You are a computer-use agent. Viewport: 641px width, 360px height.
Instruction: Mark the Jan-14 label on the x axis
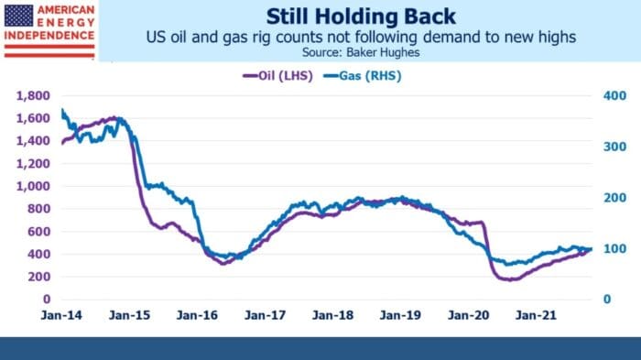coord(61,315)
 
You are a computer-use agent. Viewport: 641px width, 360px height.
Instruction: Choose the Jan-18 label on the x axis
coord(332,315)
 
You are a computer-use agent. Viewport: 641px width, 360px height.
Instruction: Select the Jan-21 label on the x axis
coord(536,315)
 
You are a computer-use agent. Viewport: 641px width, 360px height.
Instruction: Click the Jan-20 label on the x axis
coord(468,315)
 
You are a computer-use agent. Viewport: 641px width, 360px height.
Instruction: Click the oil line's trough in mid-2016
coord(224,264)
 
